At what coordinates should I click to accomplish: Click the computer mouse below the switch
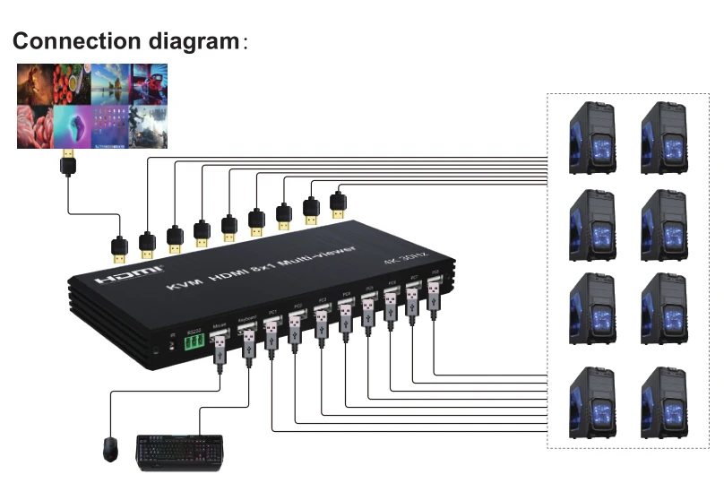[x=109, y=447]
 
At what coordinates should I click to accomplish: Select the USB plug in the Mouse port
[x=220, y=345]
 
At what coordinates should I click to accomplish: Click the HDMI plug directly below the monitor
[x=67, y=165]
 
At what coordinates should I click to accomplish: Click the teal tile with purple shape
[x=73, y=126]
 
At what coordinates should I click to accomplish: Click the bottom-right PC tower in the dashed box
[x=662, y=401]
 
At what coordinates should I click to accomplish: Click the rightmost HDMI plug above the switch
[x=339, y=203]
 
